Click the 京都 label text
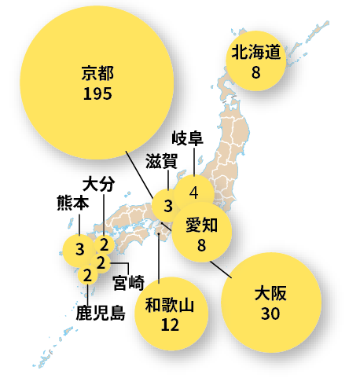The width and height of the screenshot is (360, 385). (x=97, y=75)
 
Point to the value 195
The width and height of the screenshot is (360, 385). (x=97, y=93)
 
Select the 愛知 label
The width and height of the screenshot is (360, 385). (x=202, y=227)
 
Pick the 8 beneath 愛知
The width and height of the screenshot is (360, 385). (x=202, y=246)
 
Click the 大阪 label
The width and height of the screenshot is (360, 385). (x=271, y=295)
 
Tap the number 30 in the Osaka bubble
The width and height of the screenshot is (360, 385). (x=271, y=313)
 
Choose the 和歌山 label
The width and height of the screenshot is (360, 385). (x=170, y=305)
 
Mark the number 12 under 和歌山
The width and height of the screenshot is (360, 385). (x=170, y=324)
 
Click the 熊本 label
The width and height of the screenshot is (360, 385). (x=72, y=202)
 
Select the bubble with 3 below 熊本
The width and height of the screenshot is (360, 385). (x=79, y=250)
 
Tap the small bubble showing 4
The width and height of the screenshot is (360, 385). (x=193, y=192)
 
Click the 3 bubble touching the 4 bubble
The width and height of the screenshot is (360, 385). (x=167, y=207)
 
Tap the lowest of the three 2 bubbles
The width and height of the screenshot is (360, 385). (x=87, y=275)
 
